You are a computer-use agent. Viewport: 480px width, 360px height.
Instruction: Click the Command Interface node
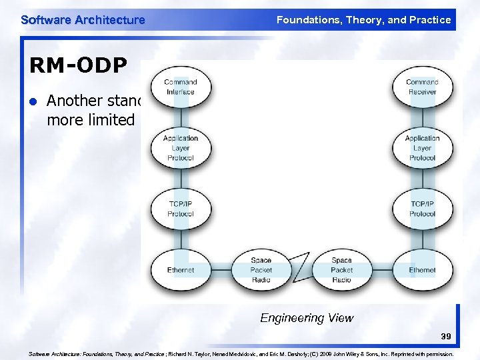coord(181,87)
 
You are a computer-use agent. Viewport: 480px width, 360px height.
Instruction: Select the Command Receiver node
coord(422,87)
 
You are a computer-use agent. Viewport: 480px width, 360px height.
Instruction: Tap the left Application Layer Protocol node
coord(181,148)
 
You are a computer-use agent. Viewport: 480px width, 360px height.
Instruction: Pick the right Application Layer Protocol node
coord(422,148)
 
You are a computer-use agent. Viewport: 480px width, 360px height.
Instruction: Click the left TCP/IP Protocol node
coord(181,209)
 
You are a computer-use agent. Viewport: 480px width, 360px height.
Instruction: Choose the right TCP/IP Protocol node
coord(422,209)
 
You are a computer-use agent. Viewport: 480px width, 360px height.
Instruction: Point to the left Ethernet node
coord(181,270)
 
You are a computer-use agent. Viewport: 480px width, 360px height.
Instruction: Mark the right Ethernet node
coord(422,270)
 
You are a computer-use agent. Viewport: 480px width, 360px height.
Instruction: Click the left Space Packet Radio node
coord(261,270)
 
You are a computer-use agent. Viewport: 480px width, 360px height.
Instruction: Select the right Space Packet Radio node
coord(341,270)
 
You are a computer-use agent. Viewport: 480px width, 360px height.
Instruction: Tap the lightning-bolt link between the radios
coord(301,267)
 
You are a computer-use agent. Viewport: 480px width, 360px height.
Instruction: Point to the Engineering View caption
coord(307,318)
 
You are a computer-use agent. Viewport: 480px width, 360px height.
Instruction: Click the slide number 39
coord(445,338)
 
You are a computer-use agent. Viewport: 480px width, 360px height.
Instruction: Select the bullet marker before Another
coord(32,101)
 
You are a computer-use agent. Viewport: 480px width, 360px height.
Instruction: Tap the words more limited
coord(91,120)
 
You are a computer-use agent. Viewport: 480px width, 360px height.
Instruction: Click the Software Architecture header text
coord(83,20)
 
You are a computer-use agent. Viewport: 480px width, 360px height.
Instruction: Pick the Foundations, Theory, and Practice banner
coord(363,20)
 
